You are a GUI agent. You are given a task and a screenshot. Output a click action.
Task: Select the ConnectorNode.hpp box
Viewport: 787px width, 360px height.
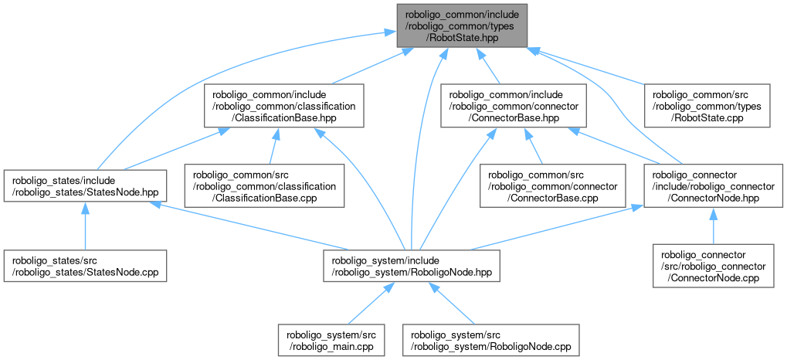pos(711,185)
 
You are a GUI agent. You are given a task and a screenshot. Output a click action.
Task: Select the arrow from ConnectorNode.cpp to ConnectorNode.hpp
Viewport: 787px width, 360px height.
pos(712,226)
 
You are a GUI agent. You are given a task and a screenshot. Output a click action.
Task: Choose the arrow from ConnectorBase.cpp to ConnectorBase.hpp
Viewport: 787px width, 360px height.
pos(535,146)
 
